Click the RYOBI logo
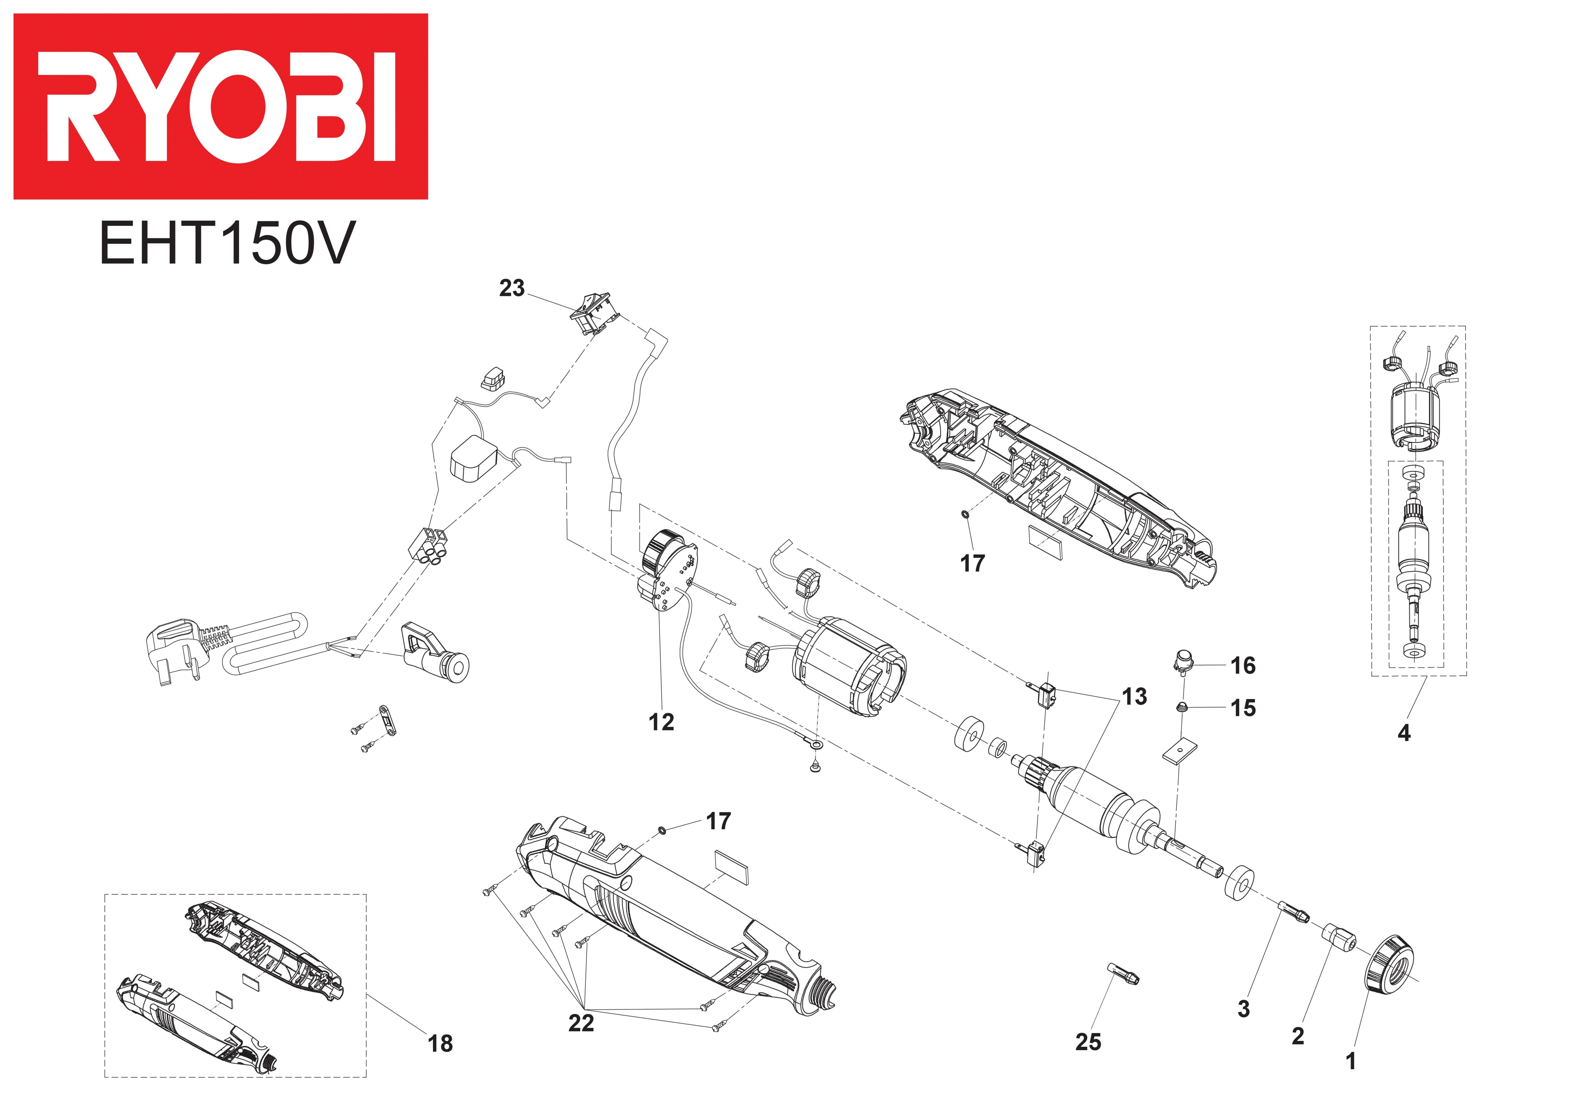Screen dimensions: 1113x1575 (x=220, y=106)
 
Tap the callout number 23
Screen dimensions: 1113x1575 (x=512, y=288)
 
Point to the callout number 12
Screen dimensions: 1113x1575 (x=661, y=722)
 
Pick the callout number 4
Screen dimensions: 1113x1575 (x=1404, y=733)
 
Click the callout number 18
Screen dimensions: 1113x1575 (x=440, y=1044)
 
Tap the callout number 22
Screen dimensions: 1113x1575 (x=581, y=1023)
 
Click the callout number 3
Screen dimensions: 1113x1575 (x=1244, y=1009)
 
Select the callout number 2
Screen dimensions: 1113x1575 (x=1298, y=1036)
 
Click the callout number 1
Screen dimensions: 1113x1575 (x=1351, y=1061)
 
